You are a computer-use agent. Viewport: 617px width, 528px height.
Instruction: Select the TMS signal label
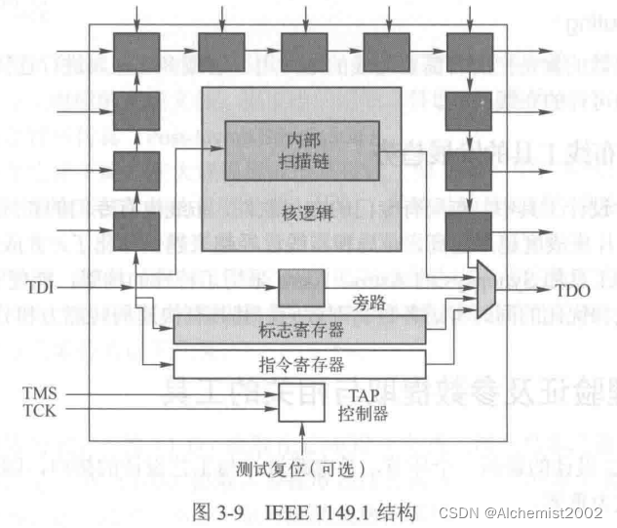point(39,392)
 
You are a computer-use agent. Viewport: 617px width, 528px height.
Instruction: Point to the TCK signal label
point(39,410)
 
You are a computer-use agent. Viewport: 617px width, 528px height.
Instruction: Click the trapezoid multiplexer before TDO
point(490,289)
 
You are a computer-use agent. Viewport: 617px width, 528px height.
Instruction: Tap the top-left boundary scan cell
point(137,47)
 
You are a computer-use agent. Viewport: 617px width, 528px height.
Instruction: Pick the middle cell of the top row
point(303,47)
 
